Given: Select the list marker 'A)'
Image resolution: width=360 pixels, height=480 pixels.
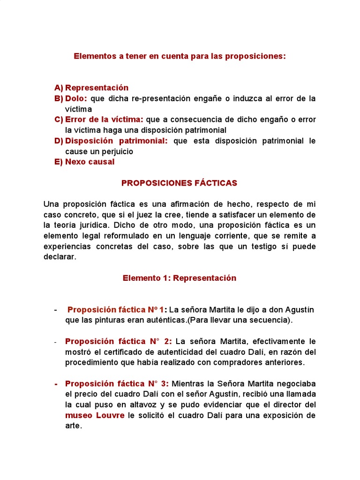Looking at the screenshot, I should pos(59,88).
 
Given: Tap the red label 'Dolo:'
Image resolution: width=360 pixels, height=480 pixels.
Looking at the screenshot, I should pos(76,98).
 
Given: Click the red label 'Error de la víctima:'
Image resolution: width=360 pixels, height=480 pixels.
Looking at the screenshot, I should pos(104,120).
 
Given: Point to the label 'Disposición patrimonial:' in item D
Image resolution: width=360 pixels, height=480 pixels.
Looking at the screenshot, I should pos(116,141).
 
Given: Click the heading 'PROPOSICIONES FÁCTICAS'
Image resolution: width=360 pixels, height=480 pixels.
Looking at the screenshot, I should pos(180,183).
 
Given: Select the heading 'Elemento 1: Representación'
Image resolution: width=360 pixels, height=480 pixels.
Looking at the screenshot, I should pos(180,278).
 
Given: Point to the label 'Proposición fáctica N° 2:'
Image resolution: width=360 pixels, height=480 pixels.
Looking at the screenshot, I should pos(119,341).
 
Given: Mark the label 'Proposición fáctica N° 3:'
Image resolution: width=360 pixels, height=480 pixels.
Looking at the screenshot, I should pos(117,383).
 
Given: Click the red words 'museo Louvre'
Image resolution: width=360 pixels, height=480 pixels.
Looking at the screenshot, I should pos(95,415).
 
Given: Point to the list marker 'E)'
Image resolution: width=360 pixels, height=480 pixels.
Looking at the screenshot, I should pos(59,162).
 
